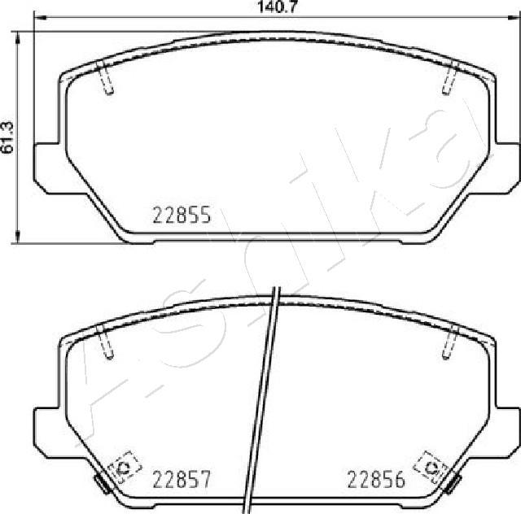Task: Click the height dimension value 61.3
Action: point(9,136)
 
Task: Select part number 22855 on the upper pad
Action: point(182,215)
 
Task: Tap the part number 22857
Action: point(182,480)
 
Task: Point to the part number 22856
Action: point(377,480)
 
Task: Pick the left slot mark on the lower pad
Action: point(105,342)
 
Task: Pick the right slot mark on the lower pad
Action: point(449,342)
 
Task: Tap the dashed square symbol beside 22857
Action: point(124,467)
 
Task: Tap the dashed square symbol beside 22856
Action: point(430,467)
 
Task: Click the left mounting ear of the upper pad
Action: point(47,168)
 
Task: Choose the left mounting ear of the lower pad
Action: point(47,429)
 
